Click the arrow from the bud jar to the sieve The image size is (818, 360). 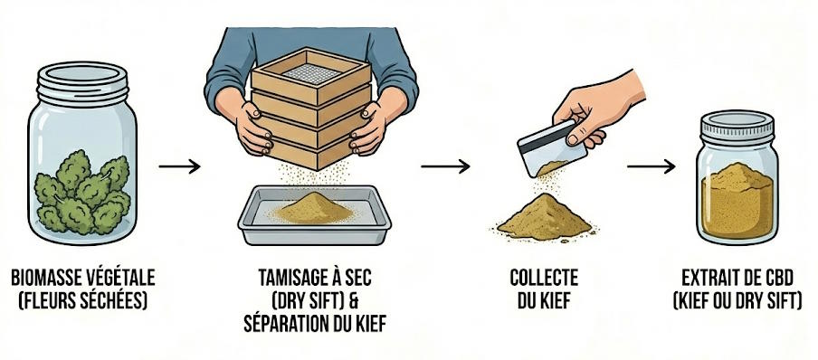click(178, 166)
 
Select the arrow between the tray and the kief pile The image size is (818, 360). click(445, 166)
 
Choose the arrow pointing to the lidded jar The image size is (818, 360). click(652, 166)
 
